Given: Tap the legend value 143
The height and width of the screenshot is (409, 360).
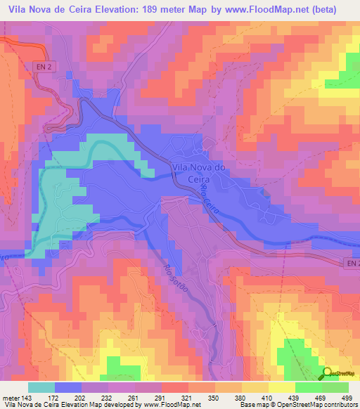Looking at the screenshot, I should [26, 397].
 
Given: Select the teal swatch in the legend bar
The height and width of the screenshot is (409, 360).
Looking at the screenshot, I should [41, 387].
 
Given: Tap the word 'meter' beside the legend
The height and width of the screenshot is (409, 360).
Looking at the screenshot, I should [10, 397].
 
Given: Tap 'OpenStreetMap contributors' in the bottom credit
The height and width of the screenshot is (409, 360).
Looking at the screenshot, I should [321, 405].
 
